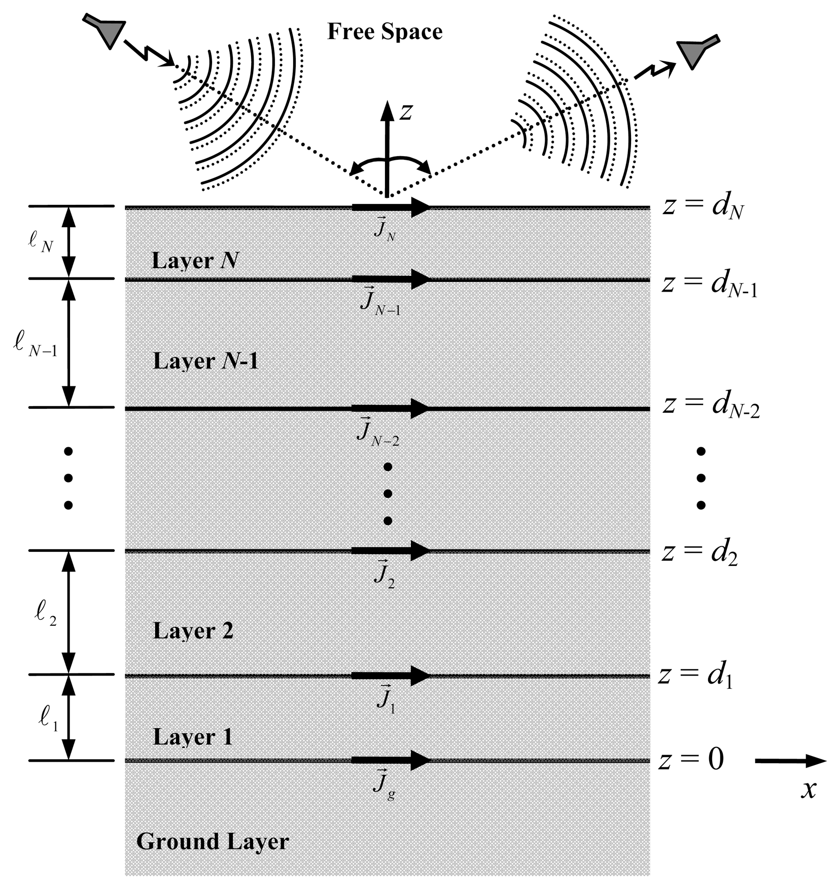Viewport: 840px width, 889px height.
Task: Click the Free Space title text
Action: (x=384, y=31)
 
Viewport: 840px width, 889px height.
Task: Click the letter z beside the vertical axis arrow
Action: (x=406, y=112)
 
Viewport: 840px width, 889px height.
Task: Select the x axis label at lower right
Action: (x=809, y=790)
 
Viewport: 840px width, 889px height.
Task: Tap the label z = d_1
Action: (x=695, y=675)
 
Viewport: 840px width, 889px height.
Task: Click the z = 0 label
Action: (x=691, y=760)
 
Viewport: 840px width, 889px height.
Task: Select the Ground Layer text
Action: (x=213, y=842)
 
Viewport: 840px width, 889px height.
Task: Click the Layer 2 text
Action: (x=193, y=631)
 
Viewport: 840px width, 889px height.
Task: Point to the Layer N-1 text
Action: (x=205, y=361)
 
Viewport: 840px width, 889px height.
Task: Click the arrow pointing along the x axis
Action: (x=790, y=761)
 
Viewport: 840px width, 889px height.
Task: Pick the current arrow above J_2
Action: (x=391, y=551)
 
